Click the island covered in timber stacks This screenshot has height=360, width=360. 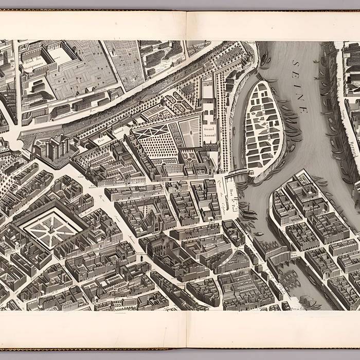[x=263, y=126]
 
